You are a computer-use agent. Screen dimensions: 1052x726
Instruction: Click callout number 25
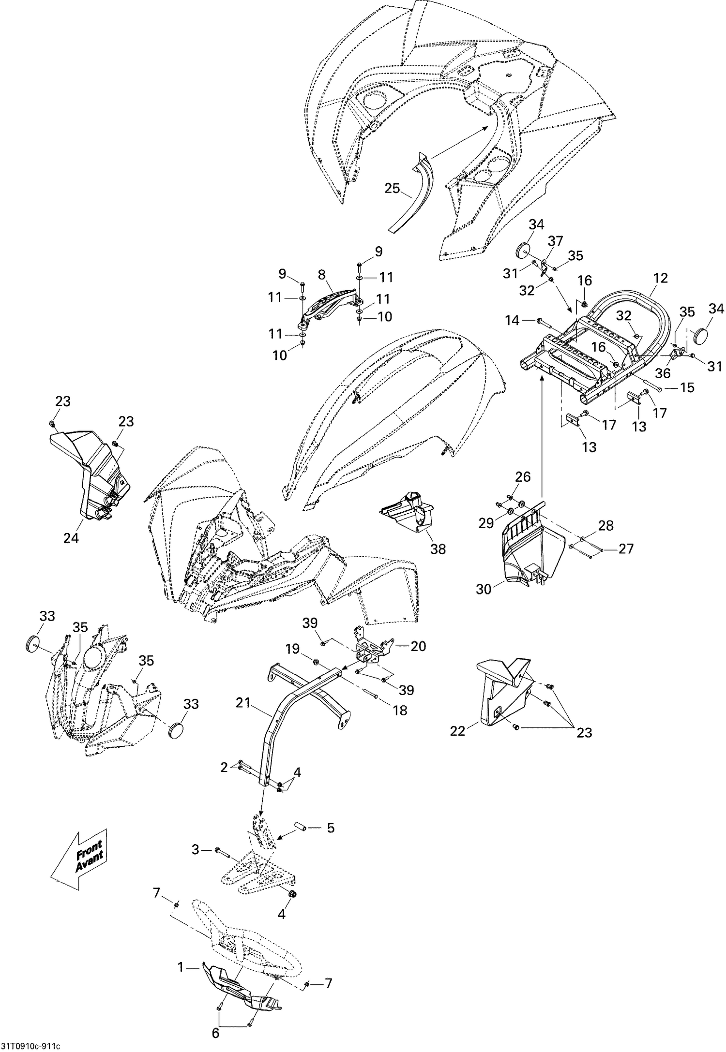click(393, 188)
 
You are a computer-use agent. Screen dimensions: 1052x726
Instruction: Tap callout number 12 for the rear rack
click(660, 278)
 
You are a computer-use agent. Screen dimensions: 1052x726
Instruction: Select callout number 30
click(484, 589)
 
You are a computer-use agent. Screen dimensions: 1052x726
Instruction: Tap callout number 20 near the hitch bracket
click(418, 646)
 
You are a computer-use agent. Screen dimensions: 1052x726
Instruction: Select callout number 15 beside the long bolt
click(687, 387)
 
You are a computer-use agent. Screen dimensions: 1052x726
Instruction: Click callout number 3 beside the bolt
click(196, 849)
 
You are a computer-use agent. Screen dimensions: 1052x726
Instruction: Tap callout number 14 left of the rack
click(512, 320)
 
